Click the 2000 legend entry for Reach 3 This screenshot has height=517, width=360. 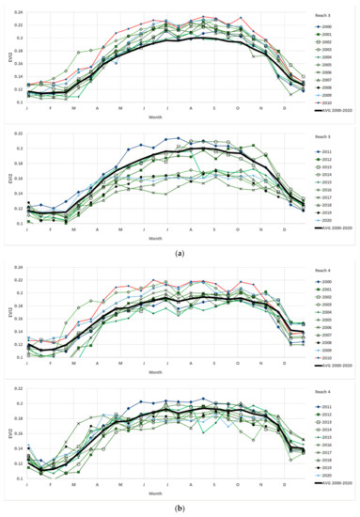click(x=328, y=28)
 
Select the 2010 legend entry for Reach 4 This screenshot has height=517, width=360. click(x=328, y=358)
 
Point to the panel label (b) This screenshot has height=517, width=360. click(x=180, y=509)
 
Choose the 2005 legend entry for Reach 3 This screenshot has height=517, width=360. click(x=328, y=61)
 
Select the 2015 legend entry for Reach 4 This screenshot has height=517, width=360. click(x=328, y=438)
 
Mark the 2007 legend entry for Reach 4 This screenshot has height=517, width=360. click(x=328, y=332)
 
